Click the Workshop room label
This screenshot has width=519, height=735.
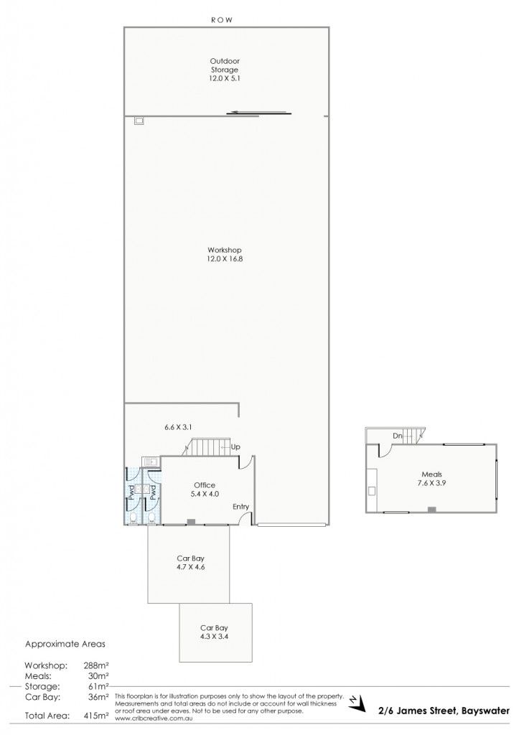[x=225, y=255]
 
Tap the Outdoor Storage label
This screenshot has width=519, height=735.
[x=225, y=70]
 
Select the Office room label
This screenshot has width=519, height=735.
[x=205, y=490]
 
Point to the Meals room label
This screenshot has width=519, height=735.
[x=431, y=479]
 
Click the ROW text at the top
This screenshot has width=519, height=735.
[x=222, y=20]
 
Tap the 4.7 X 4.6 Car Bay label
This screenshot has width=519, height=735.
[x=190, y=563]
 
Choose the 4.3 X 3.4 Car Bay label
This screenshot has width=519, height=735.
[x=214, y=632]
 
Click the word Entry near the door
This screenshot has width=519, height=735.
[x=241, y=507]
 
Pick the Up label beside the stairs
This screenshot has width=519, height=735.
[x=235, y=447]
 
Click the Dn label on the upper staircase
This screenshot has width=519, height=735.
[x=398, y=436]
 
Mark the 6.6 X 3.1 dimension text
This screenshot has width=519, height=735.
[x=178, y=427]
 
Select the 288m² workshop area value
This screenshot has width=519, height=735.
[x=96, y=665]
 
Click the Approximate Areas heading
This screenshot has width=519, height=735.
[x=65, y=644]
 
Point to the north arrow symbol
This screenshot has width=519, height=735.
[x=357, y=702]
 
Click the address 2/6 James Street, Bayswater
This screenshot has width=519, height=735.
[x=444, y=711]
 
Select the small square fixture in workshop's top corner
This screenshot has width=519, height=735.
[x=139, y=121]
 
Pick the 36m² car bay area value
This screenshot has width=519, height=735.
[x=98, y=697]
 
